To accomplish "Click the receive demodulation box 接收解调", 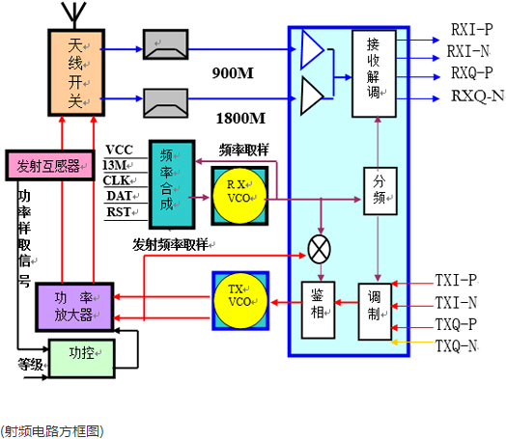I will [374, 75].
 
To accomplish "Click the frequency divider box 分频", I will [379, 191].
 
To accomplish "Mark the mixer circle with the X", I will [318, 247].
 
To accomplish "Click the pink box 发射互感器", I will [48, 165].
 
